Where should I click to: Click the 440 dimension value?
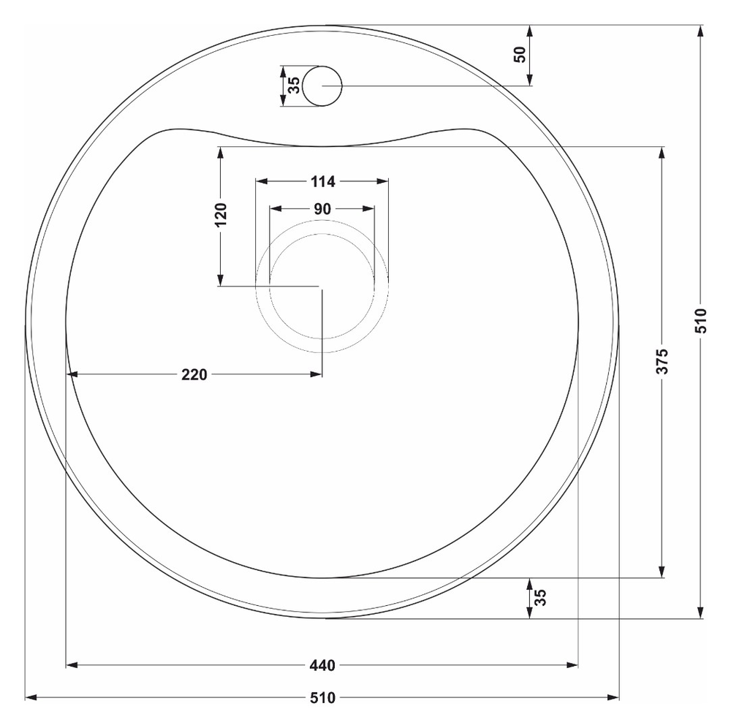[x=322, y=665]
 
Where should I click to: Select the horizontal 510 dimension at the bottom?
[x=322, y=698]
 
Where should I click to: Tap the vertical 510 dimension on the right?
[x=701, y=321]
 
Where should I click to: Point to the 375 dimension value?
[x=662, y=361]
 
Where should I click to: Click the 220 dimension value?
[x=194, y=374]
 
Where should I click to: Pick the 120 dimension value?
[x=221, y=214]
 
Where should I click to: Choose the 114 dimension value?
[x=322, y=181]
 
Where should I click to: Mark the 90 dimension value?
[x=322, y=209]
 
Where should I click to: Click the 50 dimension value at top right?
[x=520, y=55]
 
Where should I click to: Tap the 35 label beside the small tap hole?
[x=294, y=86]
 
